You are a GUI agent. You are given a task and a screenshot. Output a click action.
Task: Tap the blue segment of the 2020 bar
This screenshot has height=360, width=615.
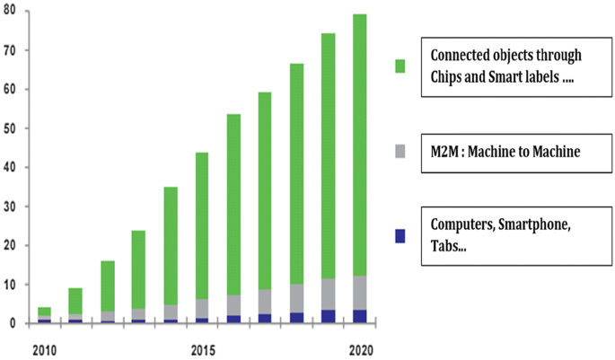[358, 316]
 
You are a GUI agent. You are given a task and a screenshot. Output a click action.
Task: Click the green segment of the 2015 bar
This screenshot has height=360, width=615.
[201, 225]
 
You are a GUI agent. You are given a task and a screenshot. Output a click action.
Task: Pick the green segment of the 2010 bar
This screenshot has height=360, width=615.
[43, 312]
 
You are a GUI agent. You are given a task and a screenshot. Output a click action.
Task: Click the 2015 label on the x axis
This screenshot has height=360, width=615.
[203, 348]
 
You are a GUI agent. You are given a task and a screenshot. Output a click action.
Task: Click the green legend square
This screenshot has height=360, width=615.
[400, 65]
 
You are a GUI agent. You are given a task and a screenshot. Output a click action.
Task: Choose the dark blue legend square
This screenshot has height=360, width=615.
[400, 236]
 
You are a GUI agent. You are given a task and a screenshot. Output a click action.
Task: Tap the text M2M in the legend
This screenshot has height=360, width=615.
[446, 148]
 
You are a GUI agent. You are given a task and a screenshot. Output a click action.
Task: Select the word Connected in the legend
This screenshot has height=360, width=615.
[463, 56]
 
